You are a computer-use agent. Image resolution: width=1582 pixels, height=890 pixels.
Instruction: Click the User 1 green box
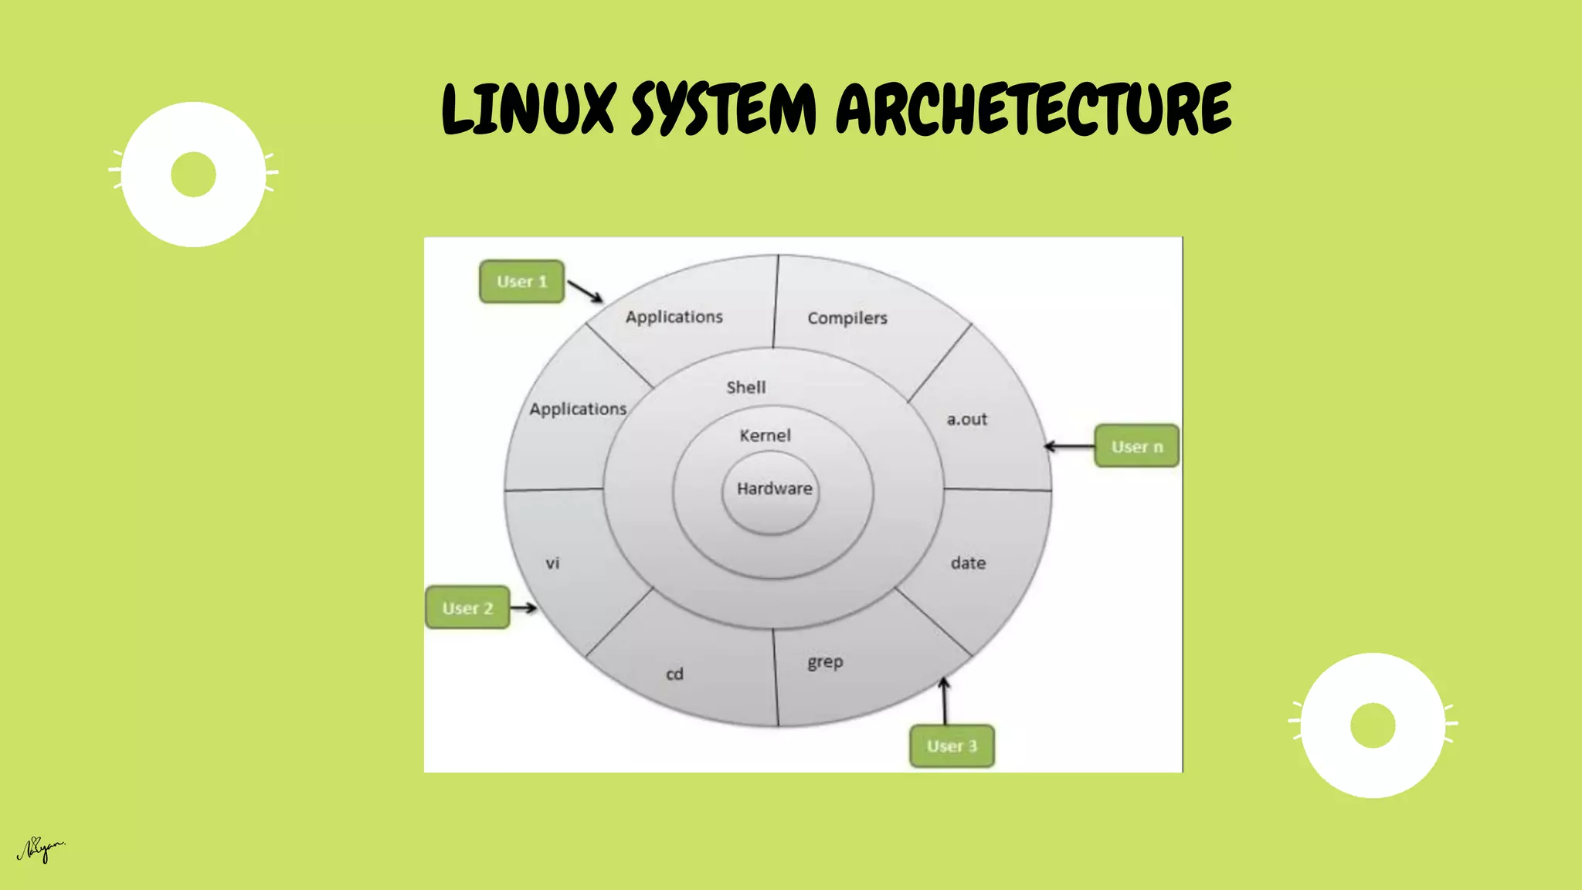(521, 281)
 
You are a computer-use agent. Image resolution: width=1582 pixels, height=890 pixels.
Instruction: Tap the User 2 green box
(467, 608)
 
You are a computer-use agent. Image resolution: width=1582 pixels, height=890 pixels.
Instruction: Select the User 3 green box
(952, 746)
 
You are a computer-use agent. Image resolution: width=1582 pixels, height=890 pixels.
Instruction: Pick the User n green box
(1136, 447)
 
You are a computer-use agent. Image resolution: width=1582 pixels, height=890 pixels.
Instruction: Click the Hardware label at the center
(774, 489)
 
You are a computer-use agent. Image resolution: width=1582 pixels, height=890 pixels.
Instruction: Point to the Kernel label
(765, 436)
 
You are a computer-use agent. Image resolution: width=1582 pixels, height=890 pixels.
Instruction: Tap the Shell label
(745, 387)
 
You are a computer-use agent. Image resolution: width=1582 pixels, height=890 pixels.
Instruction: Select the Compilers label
(847, 318)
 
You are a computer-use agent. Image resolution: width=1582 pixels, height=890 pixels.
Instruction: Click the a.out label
(966, 420)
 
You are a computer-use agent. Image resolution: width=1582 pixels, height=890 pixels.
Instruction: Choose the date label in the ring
(968, 563)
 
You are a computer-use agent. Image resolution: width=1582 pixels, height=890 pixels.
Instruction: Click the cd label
(674, 674)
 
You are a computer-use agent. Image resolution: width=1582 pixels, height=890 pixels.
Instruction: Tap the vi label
(552, 563)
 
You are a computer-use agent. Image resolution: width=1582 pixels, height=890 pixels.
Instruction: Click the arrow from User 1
(585, 291)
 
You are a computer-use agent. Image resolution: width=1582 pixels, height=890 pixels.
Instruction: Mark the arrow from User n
(1069, 447)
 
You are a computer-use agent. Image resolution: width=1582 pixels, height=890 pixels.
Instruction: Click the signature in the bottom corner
(41, 850)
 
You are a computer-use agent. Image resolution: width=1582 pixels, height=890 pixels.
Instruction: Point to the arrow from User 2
(523, 608)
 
